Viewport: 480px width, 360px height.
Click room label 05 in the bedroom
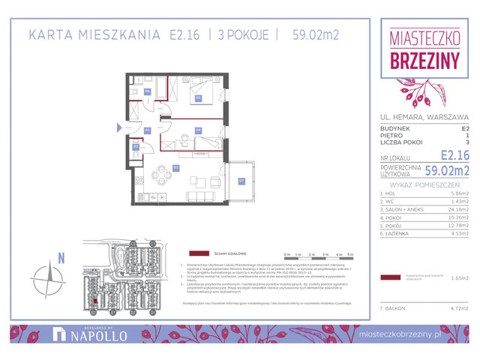(199, 97)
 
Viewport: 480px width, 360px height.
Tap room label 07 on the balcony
(241, 180)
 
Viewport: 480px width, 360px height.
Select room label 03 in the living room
(175, 167)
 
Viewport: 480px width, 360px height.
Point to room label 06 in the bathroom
(148, 92)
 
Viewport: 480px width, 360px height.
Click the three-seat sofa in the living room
(199, 196)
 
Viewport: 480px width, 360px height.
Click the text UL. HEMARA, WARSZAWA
(424, 117)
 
